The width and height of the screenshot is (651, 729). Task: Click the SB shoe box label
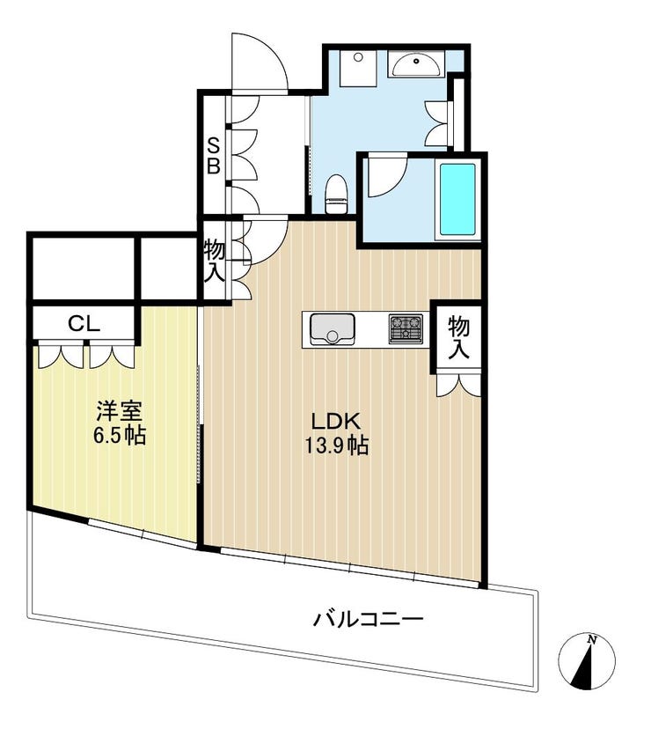213,155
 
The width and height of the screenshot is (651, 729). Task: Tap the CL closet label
84,324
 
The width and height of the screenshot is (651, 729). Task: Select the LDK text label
336,422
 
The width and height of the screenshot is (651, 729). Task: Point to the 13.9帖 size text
336,446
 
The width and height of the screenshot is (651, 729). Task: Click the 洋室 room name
119,411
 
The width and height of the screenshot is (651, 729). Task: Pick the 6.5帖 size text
120,436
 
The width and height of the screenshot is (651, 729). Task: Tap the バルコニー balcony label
368,619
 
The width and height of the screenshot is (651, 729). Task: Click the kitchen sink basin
332,329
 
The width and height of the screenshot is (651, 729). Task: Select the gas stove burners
406,328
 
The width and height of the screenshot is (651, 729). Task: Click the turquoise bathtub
457,200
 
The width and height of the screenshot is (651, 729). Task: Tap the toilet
336,194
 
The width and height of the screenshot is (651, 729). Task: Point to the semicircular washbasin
416,64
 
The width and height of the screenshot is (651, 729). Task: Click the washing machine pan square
358,68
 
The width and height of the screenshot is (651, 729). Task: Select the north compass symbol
587,660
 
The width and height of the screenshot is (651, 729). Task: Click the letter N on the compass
591,639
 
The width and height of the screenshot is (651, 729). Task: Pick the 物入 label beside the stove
458,338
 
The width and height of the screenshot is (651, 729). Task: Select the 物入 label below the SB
215,261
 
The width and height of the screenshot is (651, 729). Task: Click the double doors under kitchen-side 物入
458,385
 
